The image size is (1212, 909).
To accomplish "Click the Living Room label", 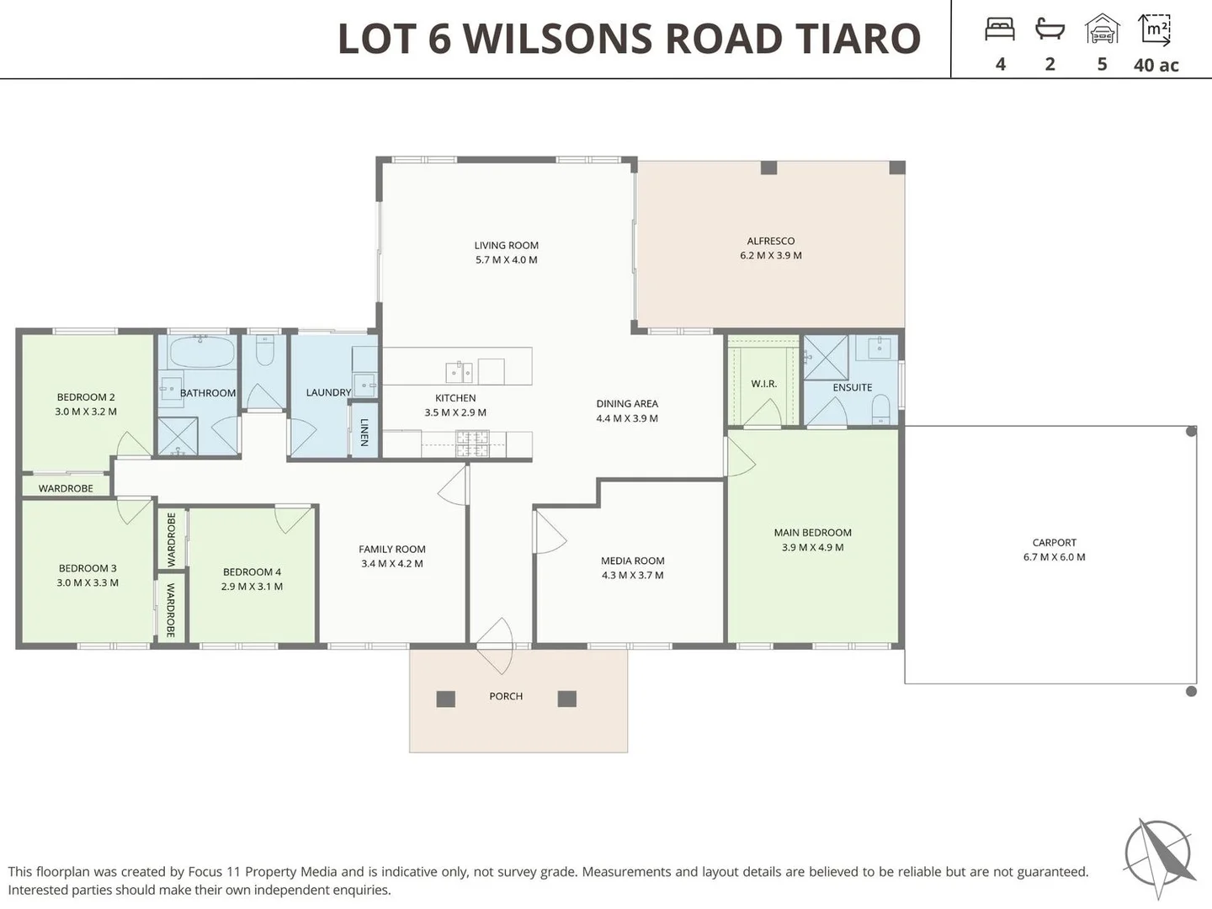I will coord(506,246).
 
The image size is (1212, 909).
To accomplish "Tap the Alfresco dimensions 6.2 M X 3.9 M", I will coord(770,255).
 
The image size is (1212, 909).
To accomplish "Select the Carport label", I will coord(1054,543).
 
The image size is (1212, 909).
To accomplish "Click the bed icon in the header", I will coord(1000,30).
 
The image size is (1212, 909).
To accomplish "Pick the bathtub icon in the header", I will coord(1050,30).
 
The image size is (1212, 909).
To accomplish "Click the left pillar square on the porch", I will coord(446,699).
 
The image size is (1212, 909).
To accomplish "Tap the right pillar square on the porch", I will coord(567,699).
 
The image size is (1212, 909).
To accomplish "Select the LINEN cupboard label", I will coord(364,432).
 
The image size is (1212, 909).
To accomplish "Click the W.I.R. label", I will coord(763,384).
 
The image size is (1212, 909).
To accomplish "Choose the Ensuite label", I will coord(852,387).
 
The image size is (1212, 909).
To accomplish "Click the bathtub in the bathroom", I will coord(202,352).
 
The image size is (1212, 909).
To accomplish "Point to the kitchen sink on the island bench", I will coord(459,371).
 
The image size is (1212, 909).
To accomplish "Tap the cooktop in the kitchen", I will coord(472,443).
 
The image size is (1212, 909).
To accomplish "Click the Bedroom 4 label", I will coord(252,572).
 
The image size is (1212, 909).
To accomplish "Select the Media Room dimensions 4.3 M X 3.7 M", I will coord(632,576).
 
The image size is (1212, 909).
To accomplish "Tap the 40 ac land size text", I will coord(1156,65).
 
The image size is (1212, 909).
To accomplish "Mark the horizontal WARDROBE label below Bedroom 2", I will coord(66,488).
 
